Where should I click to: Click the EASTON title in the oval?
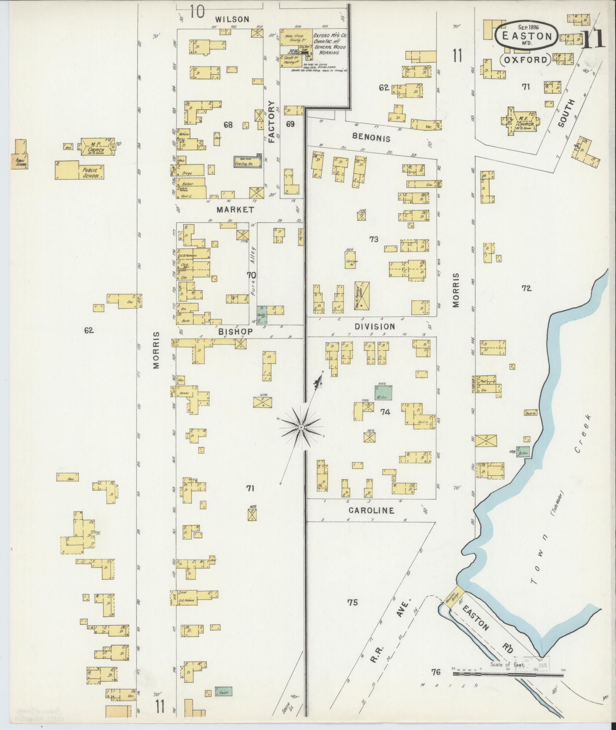(x=527, y=37)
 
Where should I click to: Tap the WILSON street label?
(x=231, y=19)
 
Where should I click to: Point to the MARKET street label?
(x=235, y=209)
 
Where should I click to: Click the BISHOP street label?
(x=235, y=332)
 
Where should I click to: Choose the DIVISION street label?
(x=374, y=327)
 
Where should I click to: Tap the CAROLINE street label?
(x=371, y=510)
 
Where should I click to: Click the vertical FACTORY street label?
(x=272, y=121)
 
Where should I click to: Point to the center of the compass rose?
(x=301, y=428)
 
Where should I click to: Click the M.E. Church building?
(x=521, y=119)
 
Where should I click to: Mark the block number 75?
(x=352, y=603)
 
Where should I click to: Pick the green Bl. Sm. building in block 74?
(x=383, y=392)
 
